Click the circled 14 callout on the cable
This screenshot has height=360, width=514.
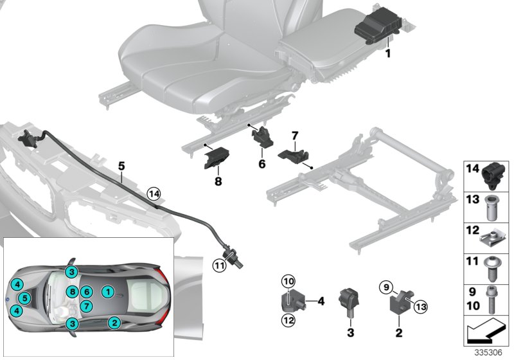[x=153, y=192]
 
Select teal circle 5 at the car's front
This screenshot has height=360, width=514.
[x=24, y=298]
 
